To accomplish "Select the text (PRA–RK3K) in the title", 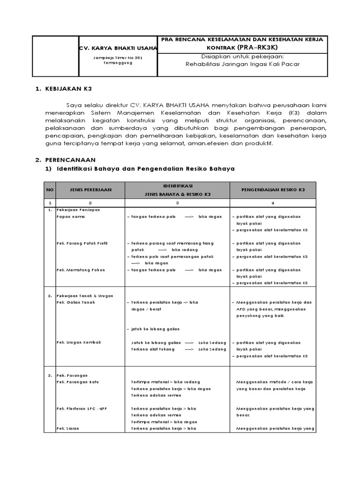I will [x=257, y=48].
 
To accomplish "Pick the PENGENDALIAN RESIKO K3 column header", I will [x=272, y=190].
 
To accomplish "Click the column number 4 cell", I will [x=272, y=202].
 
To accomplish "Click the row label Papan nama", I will [x=67, y=217].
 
